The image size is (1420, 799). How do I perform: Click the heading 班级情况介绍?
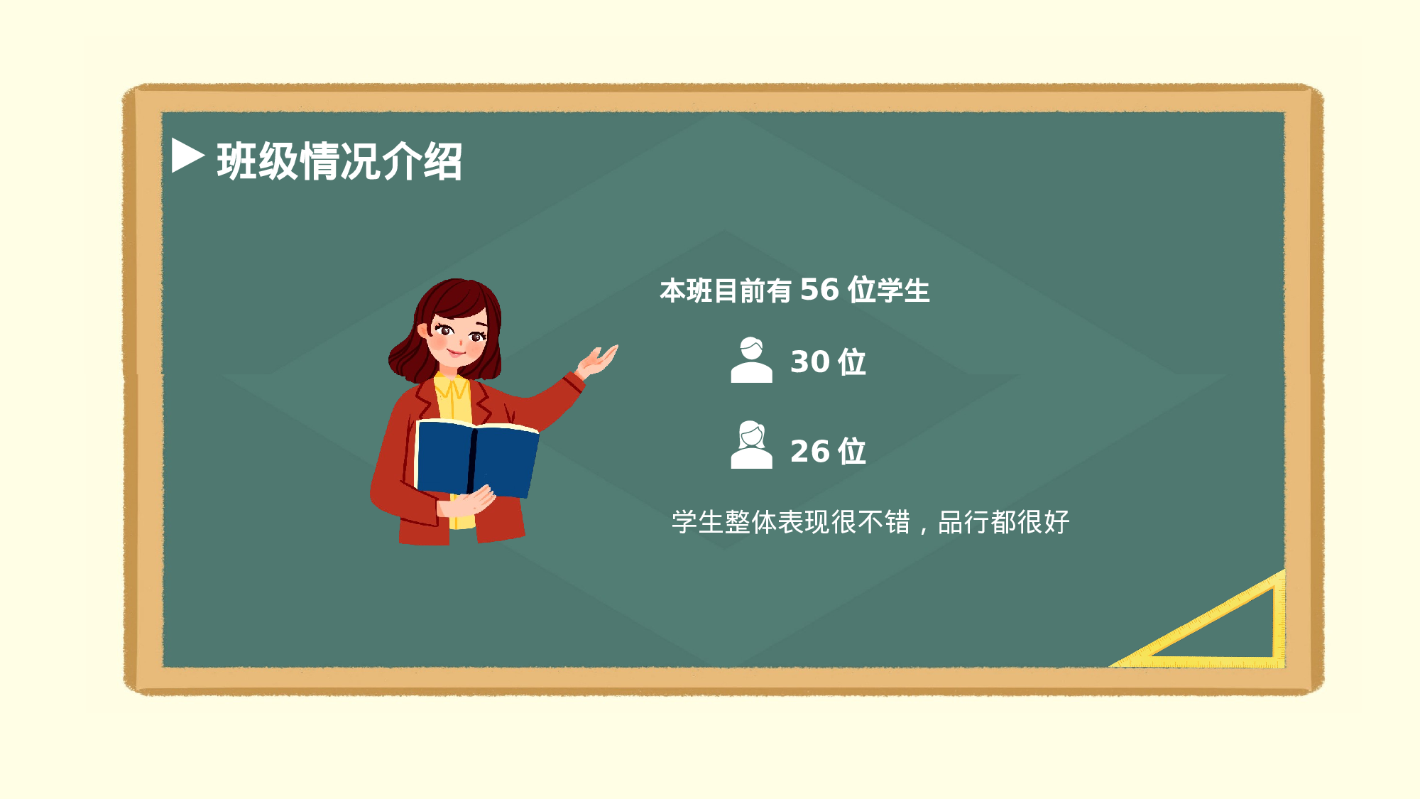(x=339, y=161)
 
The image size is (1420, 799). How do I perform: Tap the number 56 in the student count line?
(x=819, y=290)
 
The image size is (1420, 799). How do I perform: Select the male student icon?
(x=751, y=361)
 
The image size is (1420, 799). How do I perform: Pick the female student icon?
(x=751, y=445)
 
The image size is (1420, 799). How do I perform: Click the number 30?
(x=810, y=362)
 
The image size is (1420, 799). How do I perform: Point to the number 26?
(x=810, y=452)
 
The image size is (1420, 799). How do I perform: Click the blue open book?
(x=476, y=458)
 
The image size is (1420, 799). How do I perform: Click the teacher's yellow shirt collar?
(x=452, y=390)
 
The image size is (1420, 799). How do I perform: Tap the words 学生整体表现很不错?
(x=791, y=522)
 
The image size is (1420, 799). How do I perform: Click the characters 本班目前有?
(x=725, y=290)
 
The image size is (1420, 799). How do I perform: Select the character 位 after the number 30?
(x=852, y=362)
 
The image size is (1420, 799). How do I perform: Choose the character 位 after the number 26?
(x=852, y=452)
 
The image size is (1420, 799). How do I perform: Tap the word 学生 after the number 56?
(x=903, y=290)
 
